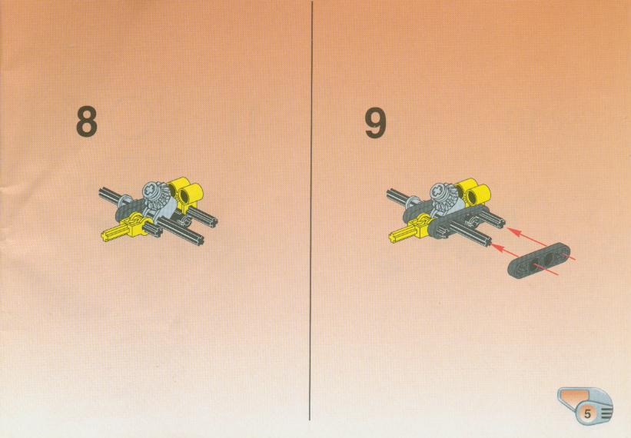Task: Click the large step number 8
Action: point(87,122)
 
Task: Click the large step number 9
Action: point(375,123)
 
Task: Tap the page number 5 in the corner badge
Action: point(587,414)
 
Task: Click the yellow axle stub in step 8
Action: point(114,234)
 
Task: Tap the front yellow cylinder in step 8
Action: point(191,195)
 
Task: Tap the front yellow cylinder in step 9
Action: point(479,195)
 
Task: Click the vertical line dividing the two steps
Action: point(311,211)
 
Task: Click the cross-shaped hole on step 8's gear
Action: point(150,187)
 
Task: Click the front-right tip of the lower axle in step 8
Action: point(200,241)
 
